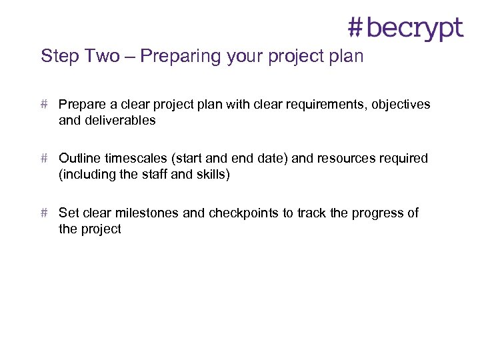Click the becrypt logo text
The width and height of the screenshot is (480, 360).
[x=414, y=28]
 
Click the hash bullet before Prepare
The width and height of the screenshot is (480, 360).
[x=44, y=105]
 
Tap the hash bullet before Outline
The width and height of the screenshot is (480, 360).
[x=44, y=159]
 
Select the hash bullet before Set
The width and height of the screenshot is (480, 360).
[x=44, y=213]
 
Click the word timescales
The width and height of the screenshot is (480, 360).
[x=135, y=159]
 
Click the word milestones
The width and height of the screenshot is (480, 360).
[x=146, y=213]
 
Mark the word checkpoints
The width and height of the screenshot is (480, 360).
[x=244, y=213]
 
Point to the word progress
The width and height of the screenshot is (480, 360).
[x=377, y=213]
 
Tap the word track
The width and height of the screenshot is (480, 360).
[x=311, y=213]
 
